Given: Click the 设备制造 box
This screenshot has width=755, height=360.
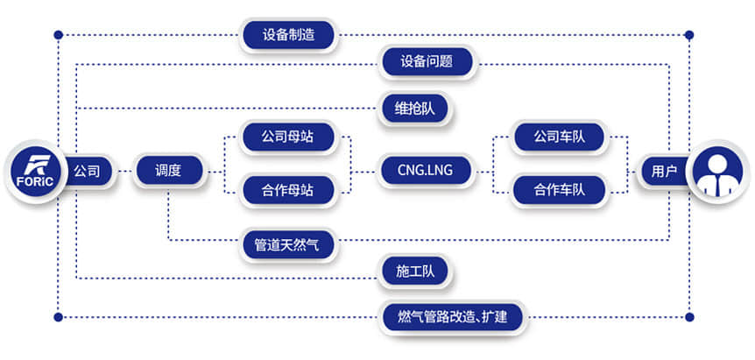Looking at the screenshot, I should tap(288, 35).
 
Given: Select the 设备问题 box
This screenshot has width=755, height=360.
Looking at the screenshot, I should tap(426, 63).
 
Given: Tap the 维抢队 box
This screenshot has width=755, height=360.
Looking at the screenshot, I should tap(415, 108).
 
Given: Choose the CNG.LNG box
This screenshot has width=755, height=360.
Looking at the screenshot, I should tap(426, 170).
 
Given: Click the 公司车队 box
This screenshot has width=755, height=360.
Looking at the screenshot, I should tap(561, 138).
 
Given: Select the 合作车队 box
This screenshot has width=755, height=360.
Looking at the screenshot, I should tap(561, 188).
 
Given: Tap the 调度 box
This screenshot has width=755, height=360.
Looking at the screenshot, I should tap(168, 170).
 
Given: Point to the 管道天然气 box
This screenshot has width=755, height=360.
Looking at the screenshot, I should tap(288, 245).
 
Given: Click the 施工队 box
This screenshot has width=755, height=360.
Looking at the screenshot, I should tap(415, 273).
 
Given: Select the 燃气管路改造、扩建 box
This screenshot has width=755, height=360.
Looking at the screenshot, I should tap(453, 316).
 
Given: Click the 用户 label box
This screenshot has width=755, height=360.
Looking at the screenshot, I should tap(659, 171).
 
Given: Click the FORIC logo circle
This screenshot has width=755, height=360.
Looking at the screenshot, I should tap(35, 171).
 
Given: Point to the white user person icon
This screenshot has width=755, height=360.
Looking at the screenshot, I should tap(717, 171).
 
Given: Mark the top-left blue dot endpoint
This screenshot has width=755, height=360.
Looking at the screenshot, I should tap(59, 35).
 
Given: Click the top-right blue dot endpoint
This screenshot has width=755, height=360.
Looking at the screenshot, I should tap(689, 35).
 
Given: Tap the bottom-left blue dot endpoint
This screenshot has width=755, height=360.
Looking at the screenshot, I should tap(59, 316).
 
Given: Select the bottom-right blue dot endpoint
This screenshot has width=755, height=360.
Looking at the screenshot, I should tap(689, 316).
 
